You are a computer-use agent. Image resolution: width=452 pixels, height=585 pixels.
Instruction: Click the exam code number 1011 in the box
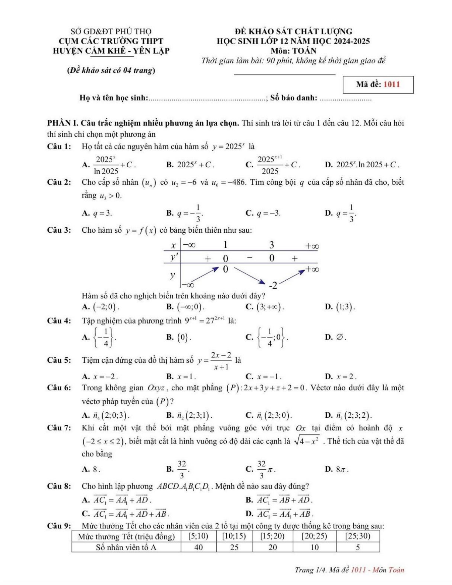[x=391, y=84]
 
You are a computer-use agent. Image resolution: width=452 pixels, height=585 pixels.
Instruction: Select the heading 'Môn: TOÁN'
[x=293, y=51]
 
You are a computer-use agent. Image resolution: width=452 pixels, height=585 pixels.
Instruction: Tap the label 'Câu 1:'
[x=59, y=146]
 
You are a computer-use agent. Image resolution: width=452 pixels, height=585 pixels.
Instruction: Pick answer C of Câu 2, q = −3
[x=268, y=213]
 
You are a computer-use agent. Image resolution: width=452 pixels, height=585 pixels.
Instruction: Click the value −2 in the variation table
[x=273, y=285]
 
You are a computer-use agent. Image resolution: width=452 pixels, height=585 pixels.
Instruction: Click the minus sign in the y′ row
[x=249, y=258]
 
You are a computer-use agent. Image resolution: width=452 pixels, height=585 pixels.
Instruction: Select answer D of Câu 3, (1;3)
[x=345, y=307]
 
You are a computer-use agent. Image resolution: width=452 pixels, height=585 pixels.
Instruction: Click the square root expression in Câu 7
[x=307, y=441]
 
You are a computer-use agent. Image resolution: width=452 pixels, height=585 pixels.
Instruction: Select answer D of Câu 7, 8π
[x=341, y=469]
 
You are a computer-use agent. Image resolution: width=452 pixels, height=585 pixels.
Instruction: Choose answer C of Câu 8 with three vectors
[x=131, y=514]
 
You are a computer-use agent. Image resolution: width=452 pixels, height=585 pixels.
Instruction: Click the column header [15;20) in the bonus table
[x=272, y=536]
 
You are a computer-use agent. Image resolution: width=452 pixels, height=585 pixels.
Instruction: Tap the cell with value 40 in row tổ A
[x=198, y=547]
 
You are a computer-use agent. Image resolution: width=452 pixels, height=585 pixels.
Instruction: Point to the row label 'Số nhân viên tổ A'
[x=126, y=547]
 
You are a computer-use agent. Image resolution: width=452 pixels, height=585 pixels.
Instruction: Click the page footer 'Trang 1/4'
[x=309, y=570]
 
